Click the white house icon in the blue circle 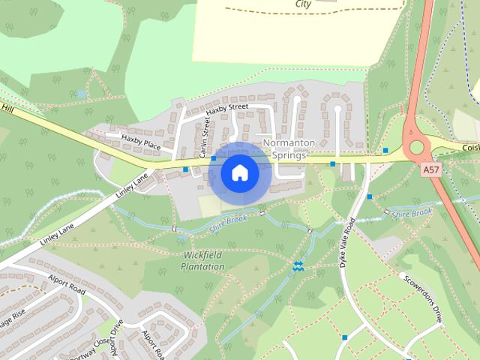pos(239,172)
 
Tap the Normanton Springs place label pos(285,148)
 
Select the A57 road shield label pos(430,170)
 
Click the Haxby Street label pos(226,109)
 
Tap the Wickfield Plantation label pos(204,260)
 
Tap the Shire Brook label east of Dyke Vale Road pos(412,213)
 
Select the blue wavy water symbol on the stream pos(298,265)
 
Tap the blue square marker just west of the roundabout pos(385,151)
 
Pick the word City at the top pos(303,4)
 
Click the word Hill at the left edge pos(8,109)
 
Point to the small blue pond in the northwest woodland pos(81,94)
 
